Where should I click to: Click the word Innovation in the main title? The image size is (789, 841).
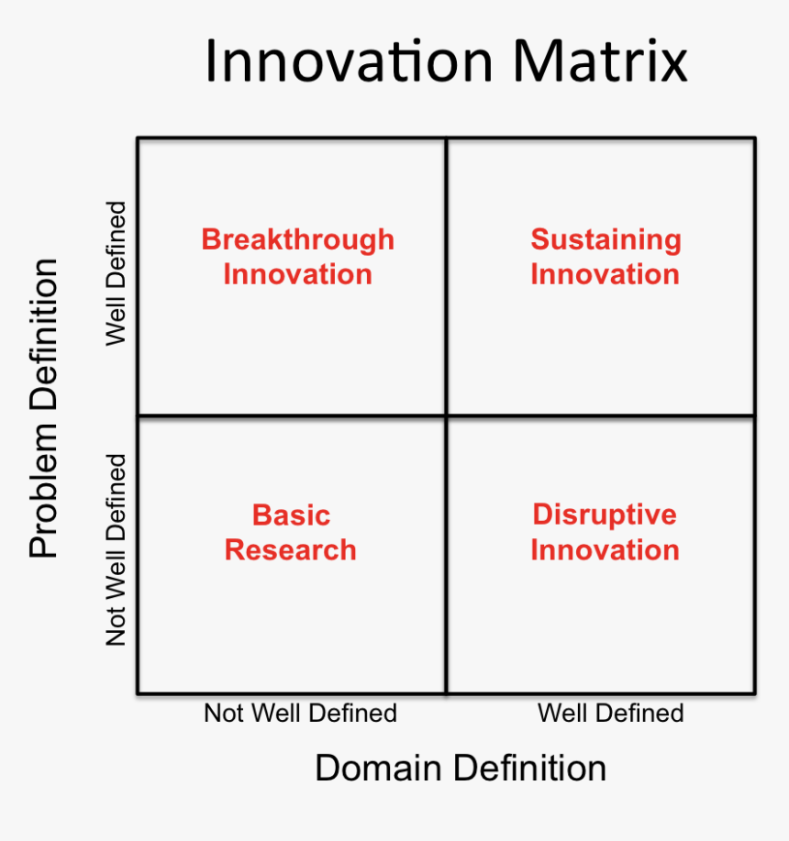coord(350,61)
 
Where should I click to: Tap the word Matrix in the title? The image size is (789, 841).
coord(600,61)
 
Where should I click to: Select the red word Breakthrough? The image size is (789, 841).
coord(297,239)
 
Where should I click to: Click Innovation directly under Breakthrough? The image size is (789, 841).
coord(297,274)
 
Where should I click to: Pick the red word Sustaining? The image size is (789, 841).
coord(606,239)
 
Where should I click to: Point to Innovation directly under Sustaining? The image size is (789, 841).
coord(606,274)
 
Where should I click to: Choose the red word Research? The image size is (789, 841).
coord(291,549)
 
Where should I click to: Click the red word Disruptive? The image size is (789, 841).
coord(605,515)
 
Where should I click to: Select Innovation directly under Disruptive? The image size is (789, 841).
coord(606,549)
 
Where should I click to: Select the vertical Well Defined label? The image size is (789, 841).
coord(116,274)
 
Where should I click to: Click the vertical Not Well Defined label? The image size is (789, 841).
coord(116,549)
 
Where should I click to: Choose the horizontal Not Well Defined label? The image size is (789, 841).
coord(300,713)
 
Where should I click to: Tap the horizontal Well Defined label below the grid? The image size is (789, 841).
coord(610,713)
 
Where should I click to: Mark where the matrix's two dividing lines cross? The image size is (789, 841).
coord(447,415)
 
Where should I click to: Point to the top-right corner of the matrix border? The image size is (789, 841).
coord(755,138)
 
